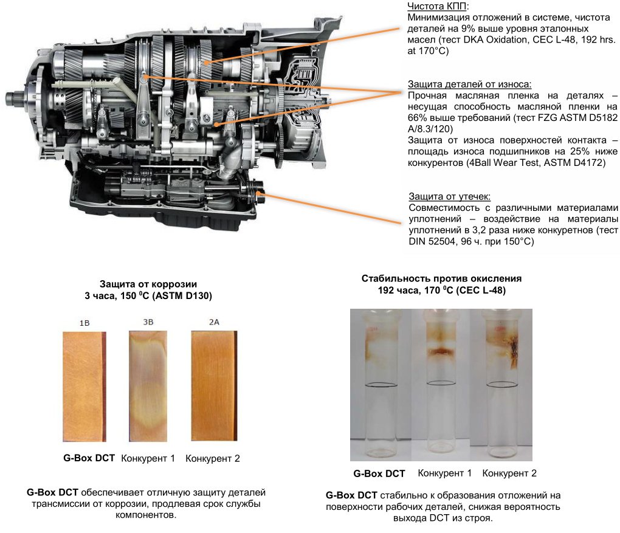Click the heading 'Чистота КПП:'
coord(438,6)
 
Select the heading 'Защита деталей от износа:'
coord(469,84)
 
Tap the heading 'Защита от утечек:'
coord(450,196)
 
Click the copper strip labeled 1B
coord(84,387)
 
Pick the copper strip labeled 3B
coord(148,386)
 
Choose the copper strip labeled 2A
coord(214,385)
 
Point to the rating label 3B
coord(148,322)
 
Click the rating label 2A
coord(214,322)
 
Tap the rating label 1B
coord(84,323)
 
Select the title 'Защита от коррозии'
coord(148,284)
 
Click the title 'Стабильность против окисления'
coord(441,278)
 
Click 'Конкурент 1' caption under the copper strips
coord(148,458)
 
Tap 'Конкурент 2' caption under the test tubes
coord(509,473)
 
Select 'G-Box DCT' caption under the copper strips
coord(89,458)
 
